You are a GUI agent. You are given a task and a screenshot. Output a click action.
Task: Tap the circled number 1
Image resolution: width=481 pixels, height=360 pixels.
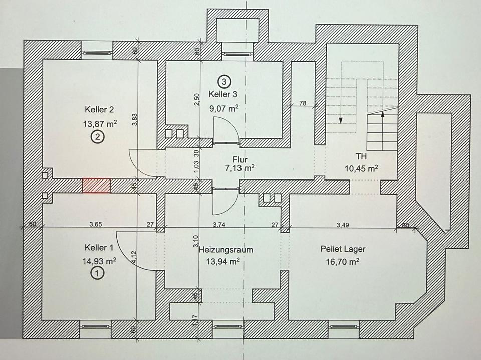pos(97,273)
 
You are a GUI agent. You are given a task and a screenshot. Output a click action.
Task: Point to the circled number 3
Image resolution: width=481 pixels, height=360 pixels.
pos(223,80)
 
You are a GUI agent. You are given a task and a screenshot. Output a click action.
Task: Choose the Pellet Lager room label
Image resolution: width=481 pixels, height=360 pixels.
pos(343,249)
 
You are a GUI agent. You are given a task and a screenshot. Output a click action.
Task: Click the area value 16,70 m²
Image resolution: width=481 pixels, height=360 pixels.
pos(343,261)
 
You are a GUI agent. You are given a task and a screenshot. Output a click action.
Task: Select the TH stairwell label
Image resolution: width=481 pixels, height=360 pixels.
pos(361,156)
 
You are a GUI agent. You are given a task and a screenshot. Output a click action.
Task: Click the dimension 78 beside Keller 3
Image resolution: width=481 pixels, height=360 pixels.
pos(303,103)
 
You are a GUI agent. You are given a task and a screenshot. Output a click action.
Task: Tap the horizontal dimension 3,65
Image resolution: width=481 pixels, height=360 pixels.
pos(96,224)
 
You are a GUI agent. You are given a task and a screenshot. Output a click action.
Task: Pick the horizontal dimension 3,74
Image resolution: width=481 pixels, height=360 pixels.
pos(219,224)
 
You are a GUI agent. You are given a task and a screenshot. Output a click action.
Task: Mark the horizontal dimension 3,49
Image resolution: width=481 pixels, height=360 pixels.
pos(343,224)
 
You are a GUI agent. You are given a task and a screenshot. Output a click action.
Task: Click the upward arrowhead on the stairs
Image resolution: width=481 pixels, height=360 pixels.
pos(383,114)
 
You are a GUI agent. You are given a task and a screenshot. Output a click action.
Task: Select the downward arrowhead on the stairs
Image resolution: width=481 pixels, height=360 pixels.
pos(340,120)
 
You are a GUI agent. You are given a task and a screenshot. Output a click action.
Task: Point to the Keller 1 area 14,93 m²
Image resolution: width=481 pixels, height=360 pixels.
pos(99,260)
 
